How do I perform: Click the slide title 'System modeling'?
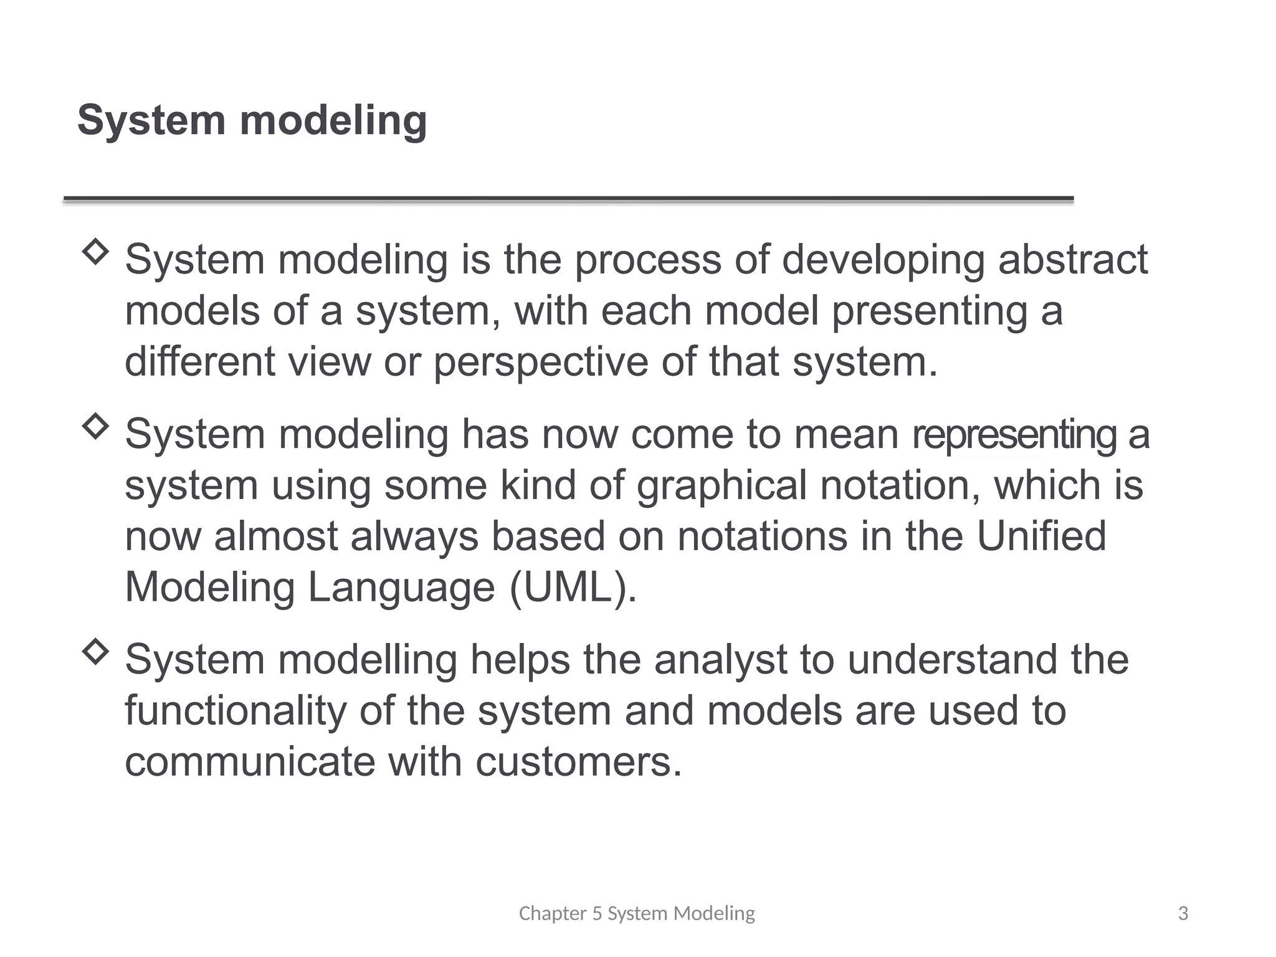(252, 120)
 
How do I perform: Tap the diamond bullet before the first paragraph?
(95, 252)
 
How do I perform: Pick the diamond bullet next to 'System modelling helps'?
(95, 652)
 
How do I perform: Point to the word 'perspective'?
(540, 363)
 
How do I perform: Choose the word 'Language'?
(401, 588)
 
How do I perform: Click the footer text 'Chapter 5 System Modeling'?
(637, 913)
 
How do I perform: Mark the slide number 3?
(1183, 913)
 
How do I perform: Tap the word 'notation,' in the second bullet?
(900, 485)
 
